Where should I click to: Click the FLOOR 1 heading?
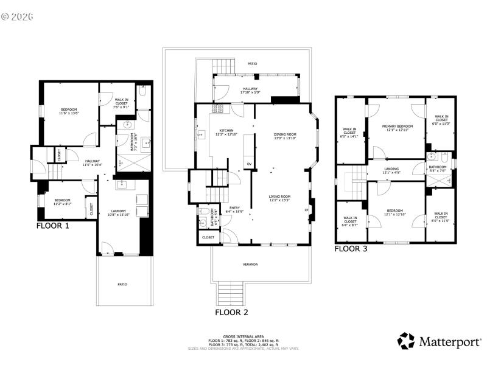(x=53, y=225)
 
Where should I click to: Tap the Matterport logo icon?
(x=406, y=341)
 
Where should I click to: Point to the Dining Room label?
(x=285, y=136)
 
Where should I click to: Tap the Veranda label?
(x=250, y=264)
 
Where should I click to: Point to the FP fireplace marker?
(x=306, y=210)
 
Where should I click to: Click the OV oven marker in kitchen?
(x=248, y=164)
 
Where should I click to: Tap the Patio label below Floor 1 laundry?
(x=122, y=284)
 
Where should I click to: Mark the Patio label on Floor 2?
(x=252, y=62)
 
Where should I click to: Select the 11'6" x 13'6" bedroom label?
(x=69, y=111)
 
